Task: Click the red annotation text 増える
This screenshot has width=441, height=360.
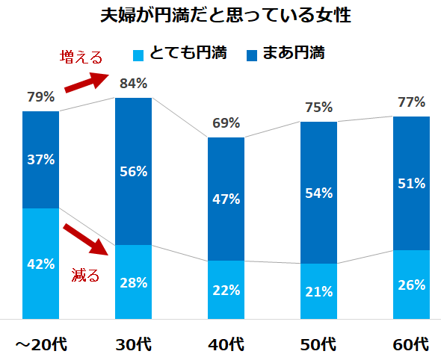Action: [80, 58]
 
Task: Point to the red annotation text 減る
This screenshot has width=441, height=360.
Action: [85, 275]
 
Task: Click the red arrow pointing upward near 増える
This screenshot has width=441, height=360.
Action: [87, 81]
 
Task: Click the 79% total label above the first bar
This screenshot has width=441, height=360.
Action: [41, 97]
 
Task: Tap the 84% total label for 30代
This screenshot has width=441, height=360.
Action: [133, 84]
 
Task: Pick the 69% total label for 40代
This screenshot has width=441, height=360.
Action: [226, 123]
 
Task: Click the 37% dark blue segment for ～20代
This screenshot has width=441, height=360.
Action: [41, 159]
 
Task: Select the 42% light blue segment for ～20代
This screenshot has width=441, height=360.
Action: [41, 263]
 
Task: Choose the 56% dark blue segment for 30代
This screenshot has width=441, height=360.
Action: [133, 171]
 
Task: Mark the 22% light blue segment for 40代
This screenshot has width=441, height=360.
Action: [226, 290]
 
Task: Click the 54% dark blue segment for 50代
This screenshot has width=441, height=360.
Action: [318, 193]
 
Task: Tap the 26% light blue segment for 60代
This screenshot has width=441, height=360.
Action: [411, 285]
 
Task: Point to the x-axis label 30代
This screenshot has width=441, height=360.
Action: [133, 344]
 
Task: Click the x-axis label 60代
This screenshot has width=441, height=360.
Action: [411, 344]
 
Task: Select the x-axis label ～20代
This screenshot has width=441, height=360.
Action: [41, 344]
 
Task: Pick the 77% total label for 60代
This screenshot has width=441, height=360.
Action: [411, 102]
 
